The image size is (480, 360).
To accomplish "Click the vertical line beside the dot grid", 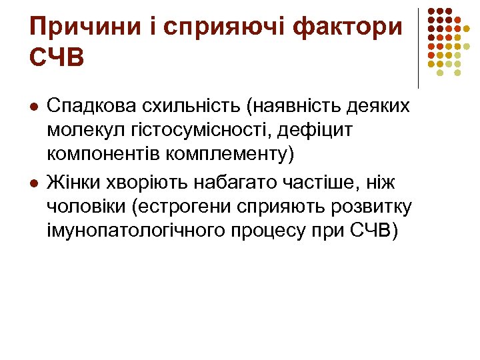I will pyautogui.click(x=418, y=48).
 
